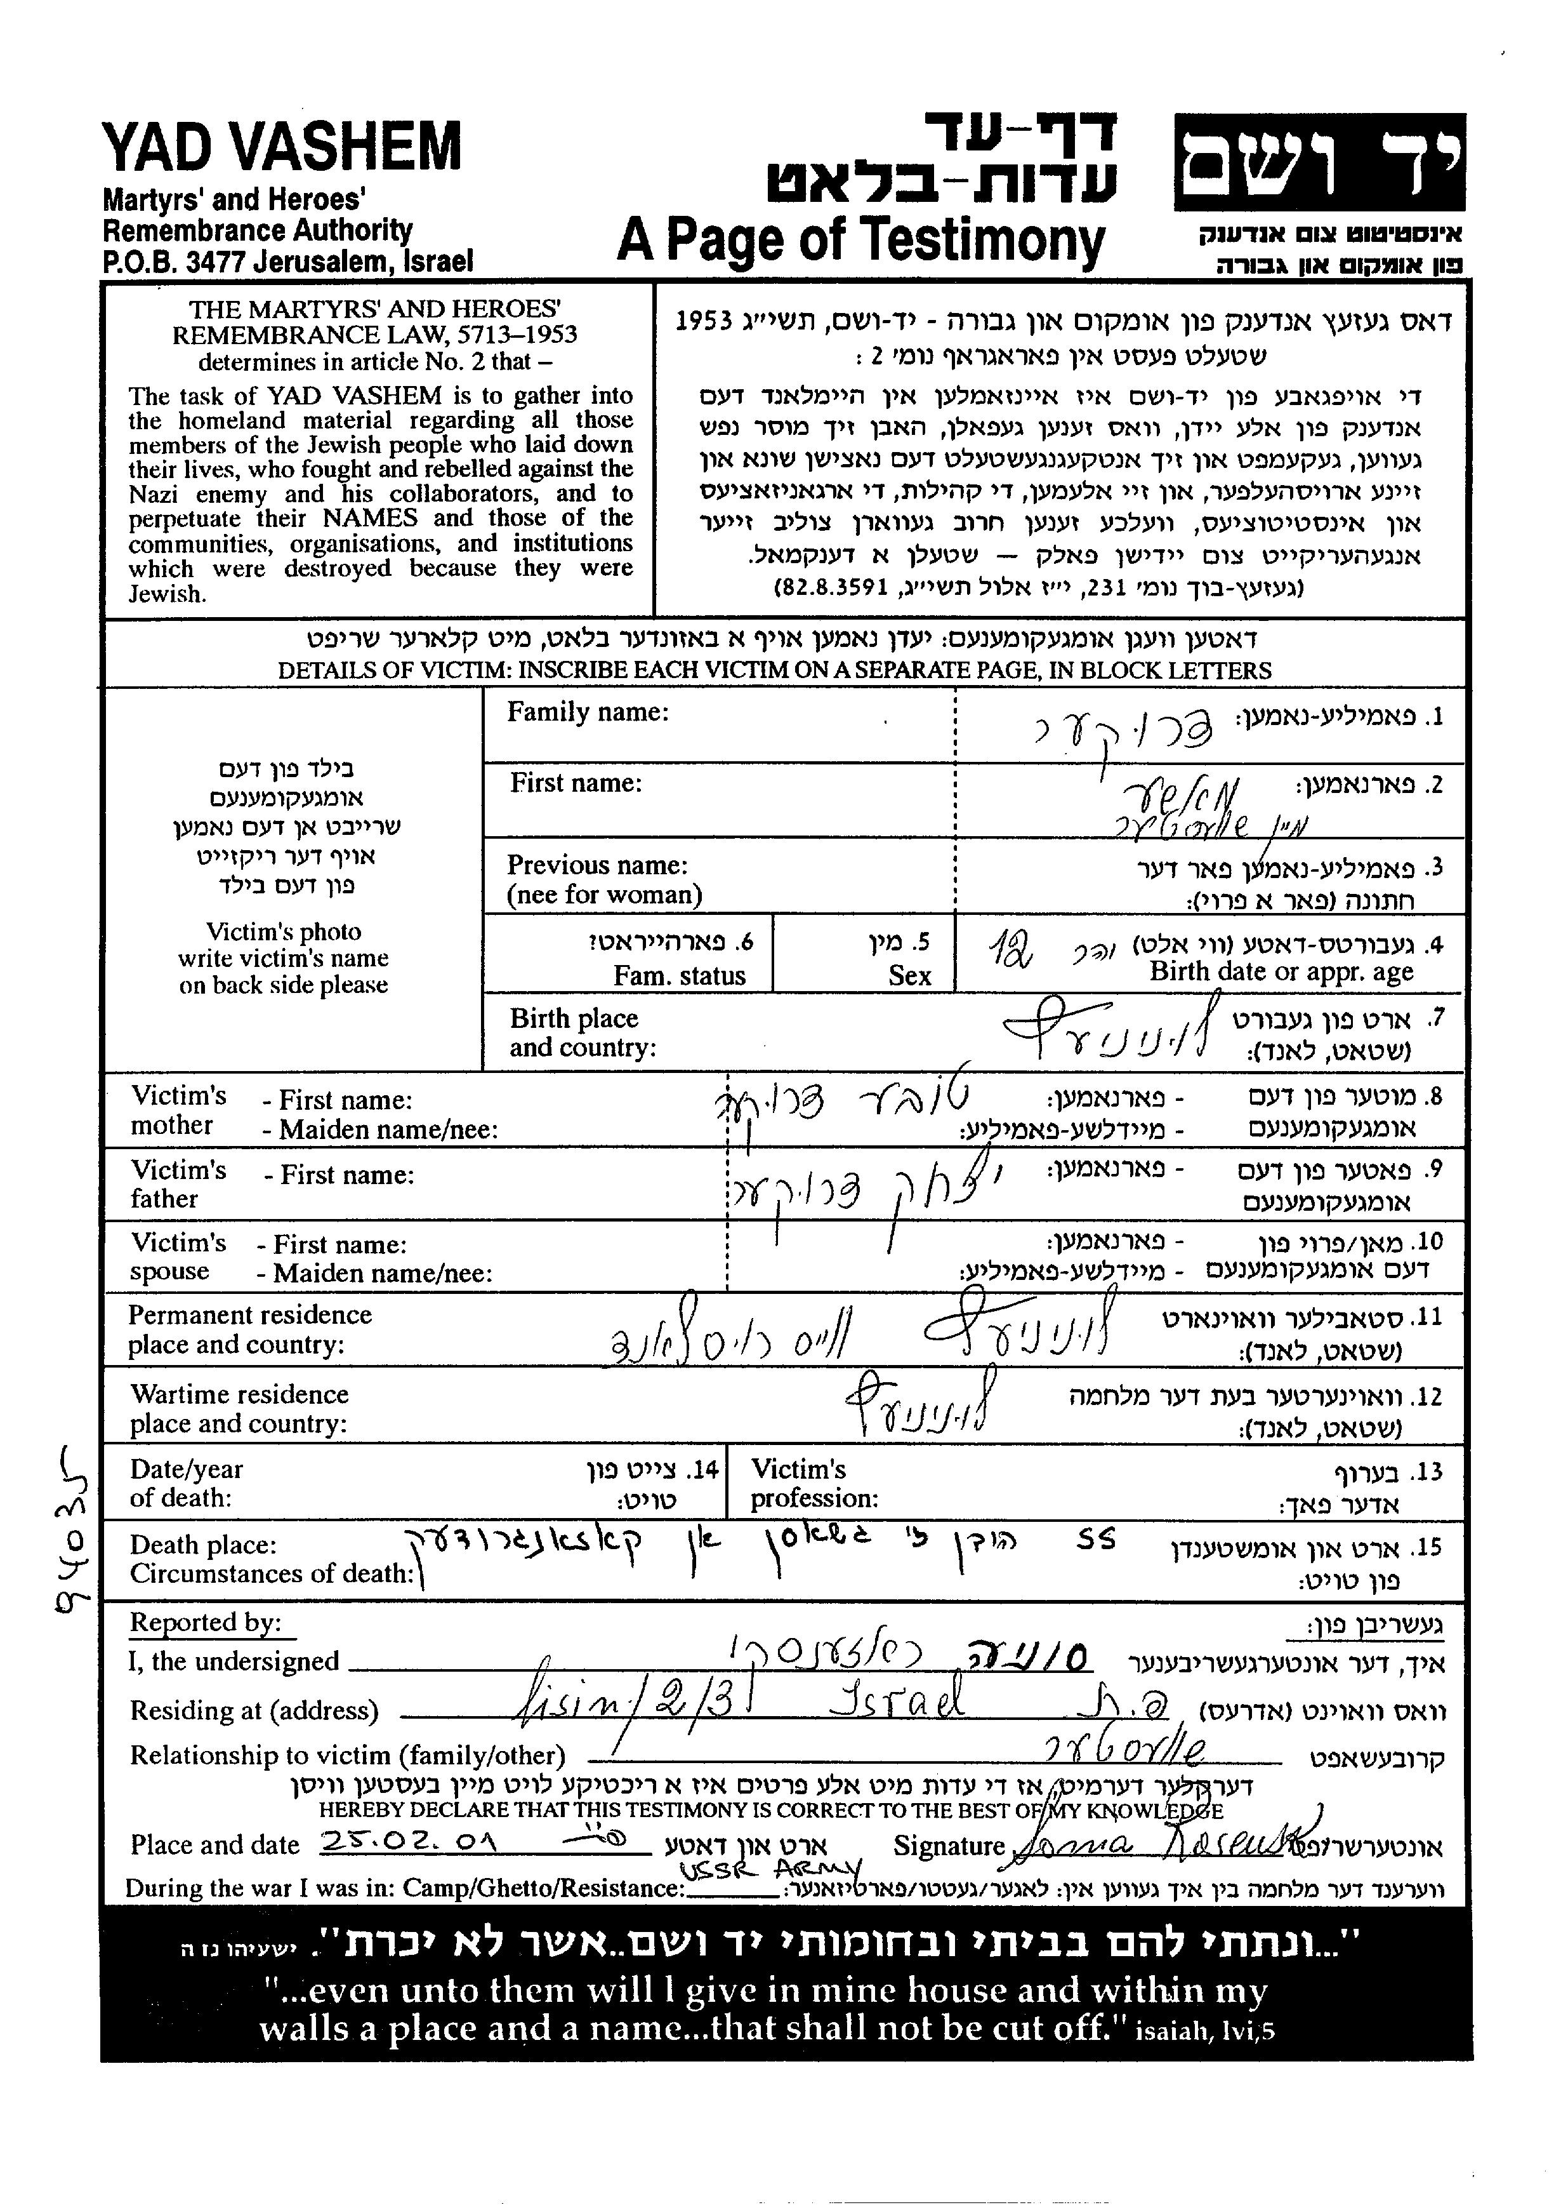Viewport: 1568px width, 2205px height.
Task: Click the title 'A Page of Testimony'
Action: coord(860,239)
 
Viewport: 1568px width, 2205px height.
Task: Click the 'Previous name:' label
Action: coord(596,865)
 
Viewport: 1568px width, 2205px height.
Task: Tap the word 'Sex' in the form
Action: coord(909,975)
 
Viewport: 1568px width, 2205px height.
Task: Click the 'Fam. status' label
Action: coord(679,975)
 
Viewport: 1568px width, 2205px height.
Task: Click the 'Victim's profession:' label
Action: coord(814,1484)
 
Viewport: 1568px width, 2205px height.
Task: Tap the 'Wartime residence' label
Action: coord(239,1395)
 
